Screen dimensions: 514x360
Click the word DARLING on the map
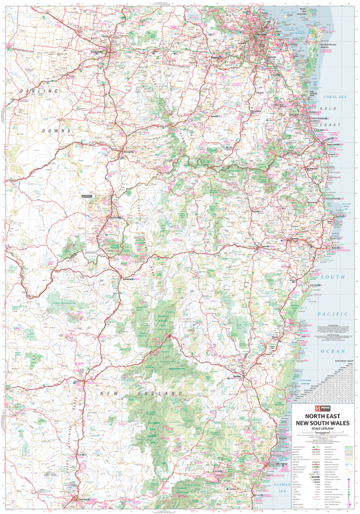[x=39, y=90]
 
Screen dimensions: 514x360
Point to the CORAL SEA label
[x=335, y=97]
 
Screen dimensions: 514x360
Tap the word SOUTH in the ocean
[x=333, y=277]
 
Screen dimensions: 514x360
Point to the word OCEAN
[x=333, y=351]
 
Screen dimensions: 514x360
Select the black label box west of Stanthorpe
[x=86, y=196]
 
